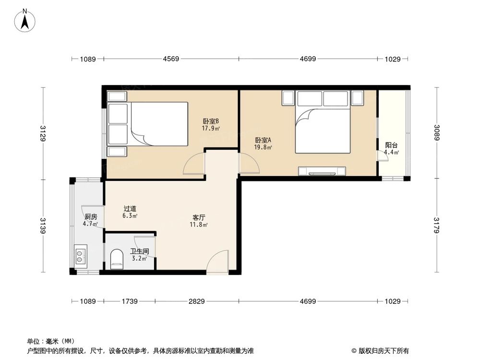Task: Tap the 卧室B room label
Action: tap(211, 121)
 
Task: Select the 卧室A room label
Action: tap(263, 140)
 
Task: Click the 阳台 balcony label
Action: tap(391, 145)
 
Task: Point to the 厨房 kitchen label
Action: tap(90, 217)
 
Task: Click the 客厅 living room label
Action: tap(199, 217)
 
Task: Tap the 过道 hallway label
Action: tap(130, 209)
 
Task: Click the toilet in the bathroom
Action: tap(117, 260)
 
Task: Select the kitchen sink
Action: tap(80, 255)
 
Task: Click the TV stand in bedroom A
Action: tap(322, 170)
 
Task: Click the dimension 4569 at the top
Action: tap(171, 59)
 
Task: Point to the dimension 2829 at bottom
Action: tap(196, 301)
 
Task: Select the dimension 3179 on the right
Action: tap(436, 226)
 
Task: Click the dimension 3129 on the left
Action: tap(43, 133)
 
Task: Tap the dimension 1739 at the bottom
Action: tap(130, 301)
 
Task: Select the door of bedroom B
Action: tap(194, 166)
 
